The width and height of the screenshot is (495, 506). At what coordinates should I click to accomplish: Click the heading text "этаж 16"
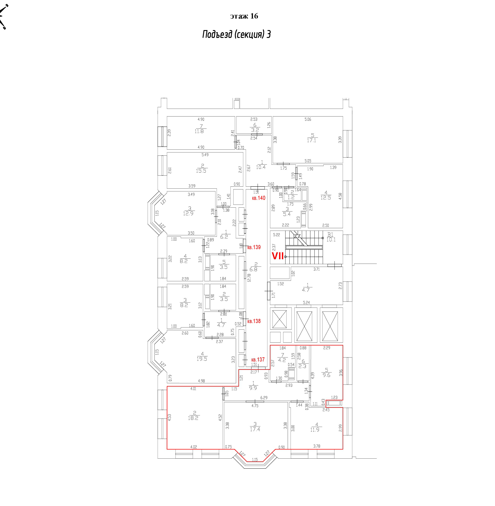click(x=244, y=16)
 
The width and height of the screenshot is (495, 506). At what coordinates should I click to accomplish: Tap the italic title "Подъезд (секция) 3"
click(x=236, y=34)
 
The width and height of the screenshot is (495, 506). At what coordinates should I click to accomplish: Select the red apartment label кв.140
click(x=259, y=198)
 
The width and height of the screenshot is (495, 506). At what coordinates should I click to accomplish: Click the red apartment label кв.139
click(x=254, y=247)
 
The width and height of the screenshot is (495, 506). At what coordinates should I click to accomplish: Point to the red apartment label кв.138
click(x=254, y=321)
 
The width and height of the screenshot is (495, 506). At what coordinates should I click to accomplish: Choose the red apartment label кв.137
click(x=258, y=359)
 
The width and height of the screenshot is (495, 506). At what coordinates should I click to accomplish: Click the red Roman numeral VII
click(x=278, y=256)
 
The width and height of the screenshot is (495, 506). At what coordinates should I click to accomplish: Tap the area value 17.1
click(x=311, y=140)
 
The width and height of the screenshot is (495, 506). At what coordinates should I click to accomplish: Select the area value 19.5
click(x=202, y=359)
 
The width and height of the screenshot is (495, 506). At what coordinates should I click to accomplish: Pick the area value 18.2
click(x=193, y=418)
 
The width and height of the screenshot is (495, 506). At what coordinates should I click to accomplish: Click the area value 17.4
click(x=255, y=429)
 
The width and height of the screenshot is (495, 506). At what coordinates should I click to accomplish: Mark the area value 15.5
click(x=201, y=171)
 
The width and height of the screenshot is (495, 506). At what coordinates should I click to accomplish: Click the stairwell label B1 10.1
click(x=331, y=237)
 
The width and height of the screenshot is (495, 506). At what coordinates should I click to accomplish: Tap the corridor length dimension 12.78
click(x=249, y=278)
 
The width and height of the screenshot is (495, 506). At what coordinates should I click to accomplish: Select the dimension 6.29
click(x=264, y=398)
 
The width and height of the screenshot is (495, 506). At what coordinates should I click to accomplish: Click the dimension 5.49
click(x=205, y=155)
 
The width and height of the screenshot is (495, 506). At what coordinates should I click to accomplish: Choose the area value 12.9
click(x=188, y=213)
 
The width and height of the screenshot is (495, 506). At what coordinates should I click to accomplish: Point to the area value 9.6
click(x=326, y=375)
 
